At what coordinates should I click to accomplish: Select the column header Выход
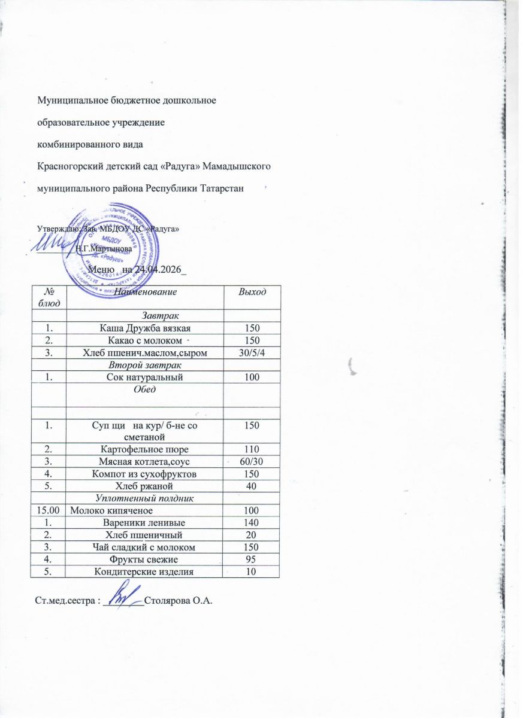(252, 291)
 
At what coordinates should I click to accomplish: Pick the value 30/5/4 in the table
(251, 353)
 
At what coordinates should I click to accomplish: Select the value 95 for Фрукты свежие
(251, 559)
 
